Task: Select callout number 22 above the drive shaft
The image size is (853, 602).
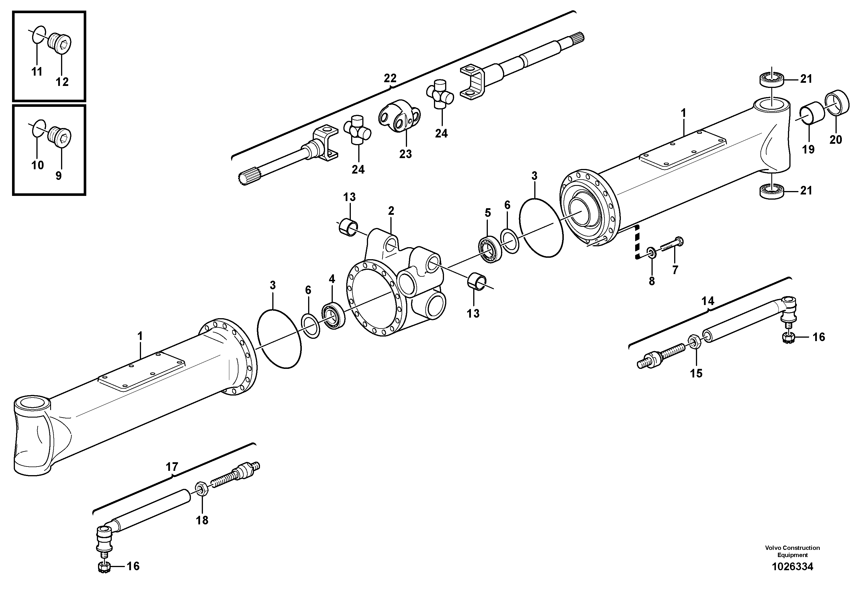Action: coord(390,78)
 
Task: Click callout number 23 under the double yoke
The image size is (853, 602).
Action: coord(405,154)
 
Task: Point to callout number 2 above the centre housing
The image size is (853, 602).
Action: coord(391,211)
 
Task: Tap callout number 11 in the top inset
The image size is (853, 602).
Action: coord(37,72)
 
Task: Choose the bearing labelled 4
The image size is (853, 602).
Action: coord(333,315)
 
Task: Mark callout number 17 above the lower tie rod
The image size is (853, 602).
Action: coord(172,467)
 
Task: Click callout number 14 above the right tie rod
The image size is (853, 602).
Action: coord(707,301)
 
